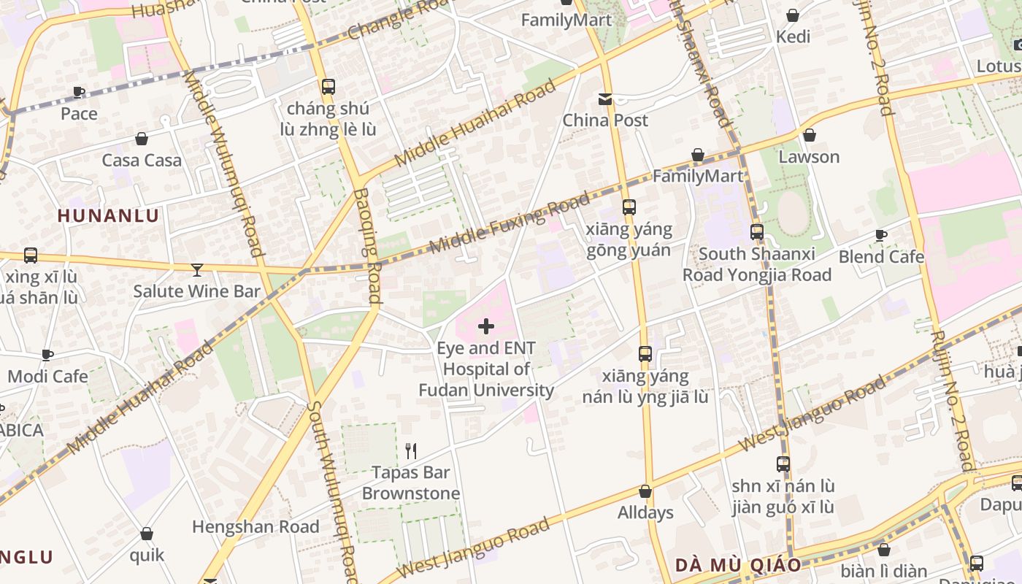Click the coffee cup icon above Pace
79,92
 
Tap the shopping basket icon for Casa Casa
142,139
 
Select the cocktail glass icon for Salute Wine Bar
196,270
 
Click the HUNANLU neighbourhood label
108,215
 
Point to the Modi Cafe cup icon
47,355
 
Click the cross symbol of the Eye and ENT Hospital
485,326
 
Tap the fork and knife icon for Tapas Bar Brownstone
411,450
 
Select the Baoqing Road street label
368,245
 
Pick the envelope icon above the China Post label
605,99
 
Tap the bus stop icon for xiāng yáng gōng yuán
629,207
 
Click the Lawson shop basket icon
809,135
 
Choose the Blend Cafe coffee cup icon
881,235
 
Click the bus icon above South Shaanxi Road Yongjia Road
757,232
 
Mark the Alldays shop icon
645,491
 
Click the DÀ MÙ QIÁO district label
738,564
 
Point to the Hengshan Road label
255,526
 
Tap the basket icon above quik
147,534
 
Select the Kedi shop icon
793,15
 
